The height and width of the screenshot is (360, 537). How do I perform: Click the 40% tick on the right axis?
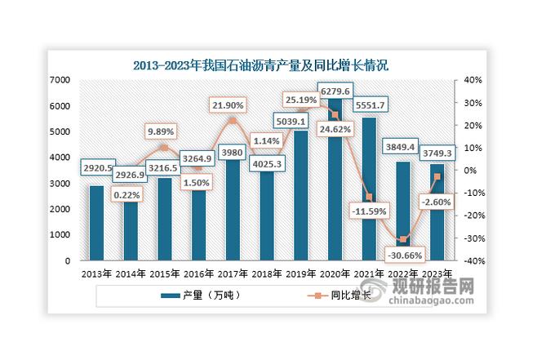click(474, 80)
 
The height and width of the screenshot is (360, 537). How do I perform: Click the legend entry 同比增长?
click(339, 296)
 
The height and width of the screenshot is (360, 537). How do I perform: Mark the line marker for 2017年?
click(232, 121)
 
